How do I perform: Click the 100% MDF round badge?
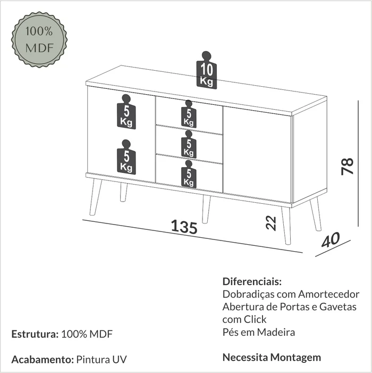click(39, 39)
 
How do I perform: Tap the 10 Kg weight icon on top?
click(206, 70)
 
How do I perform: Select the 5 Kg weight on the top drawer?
click(189, 114)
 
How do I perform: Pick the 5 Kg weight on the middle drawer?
click(189, 144)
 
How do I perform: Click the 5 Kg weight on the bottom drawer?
click(189, 174)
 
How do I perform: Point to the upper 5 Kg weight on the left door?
click(126, 112)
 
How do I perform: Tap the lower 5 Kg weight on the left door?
click(126, 157)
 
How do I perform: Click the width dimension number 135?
click(184, 227)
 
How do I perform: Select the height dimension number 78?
click(348, 166)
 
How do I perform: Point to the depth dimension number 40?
click(331, 240)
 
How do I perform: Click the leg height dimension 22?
click(271, 223)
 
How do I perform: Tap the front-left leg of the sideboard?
click(96, 197)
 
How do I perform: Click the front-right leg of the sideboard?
click(286, 226)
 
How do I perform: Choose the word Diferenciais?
click(252, 281)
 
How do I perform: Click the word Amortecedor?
click(329, 294)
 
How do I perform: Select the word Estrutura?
click(35, 334)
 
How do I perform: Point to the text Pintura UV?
click(102, 359)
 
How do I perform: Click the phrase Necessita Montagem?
click(272, 357)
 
